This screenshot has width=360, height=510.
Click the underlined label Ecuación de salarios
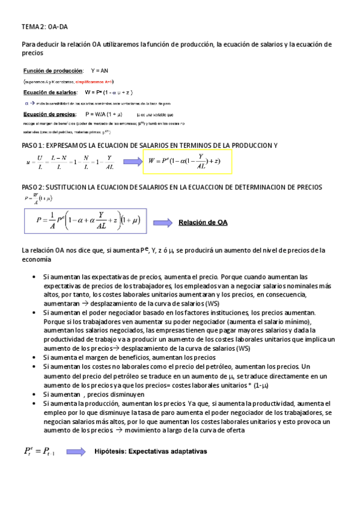(50, 93)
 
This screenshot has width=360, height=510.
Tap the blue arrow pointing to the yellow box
(132, 161)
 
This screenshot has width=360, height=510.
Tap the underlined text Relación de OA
(203, 223)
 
